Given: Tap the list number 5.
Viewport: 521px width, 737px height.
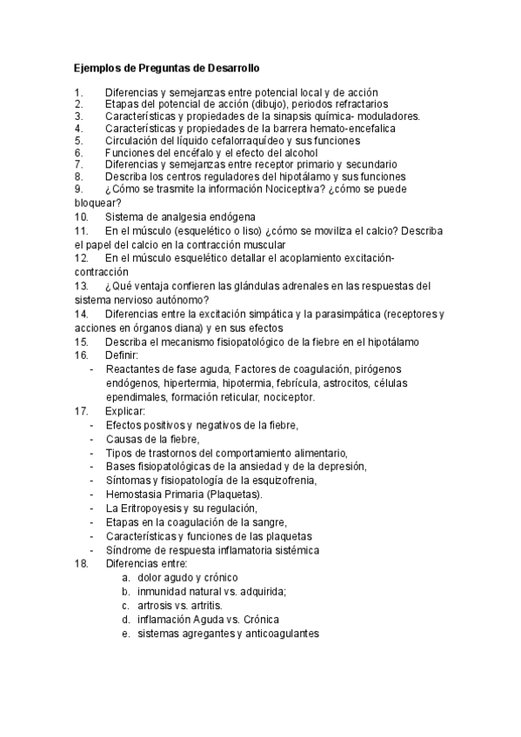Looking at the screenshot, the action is pos(78,140).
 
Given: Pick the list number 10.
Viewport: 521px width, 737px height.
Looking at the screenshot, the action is pos(82,216).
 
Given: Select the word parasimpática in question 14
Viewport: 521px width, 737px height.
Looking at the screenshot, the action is pos(347,314).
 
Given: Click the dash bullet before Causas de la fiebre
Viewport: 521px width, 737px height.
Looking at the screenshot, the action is pos(92,439).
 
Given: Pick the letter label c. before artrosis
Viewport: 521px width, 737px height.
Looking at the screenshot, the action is pos(125,606).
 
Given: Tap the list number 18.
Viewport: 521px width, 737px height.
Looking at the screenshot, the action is pos(82,564).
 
